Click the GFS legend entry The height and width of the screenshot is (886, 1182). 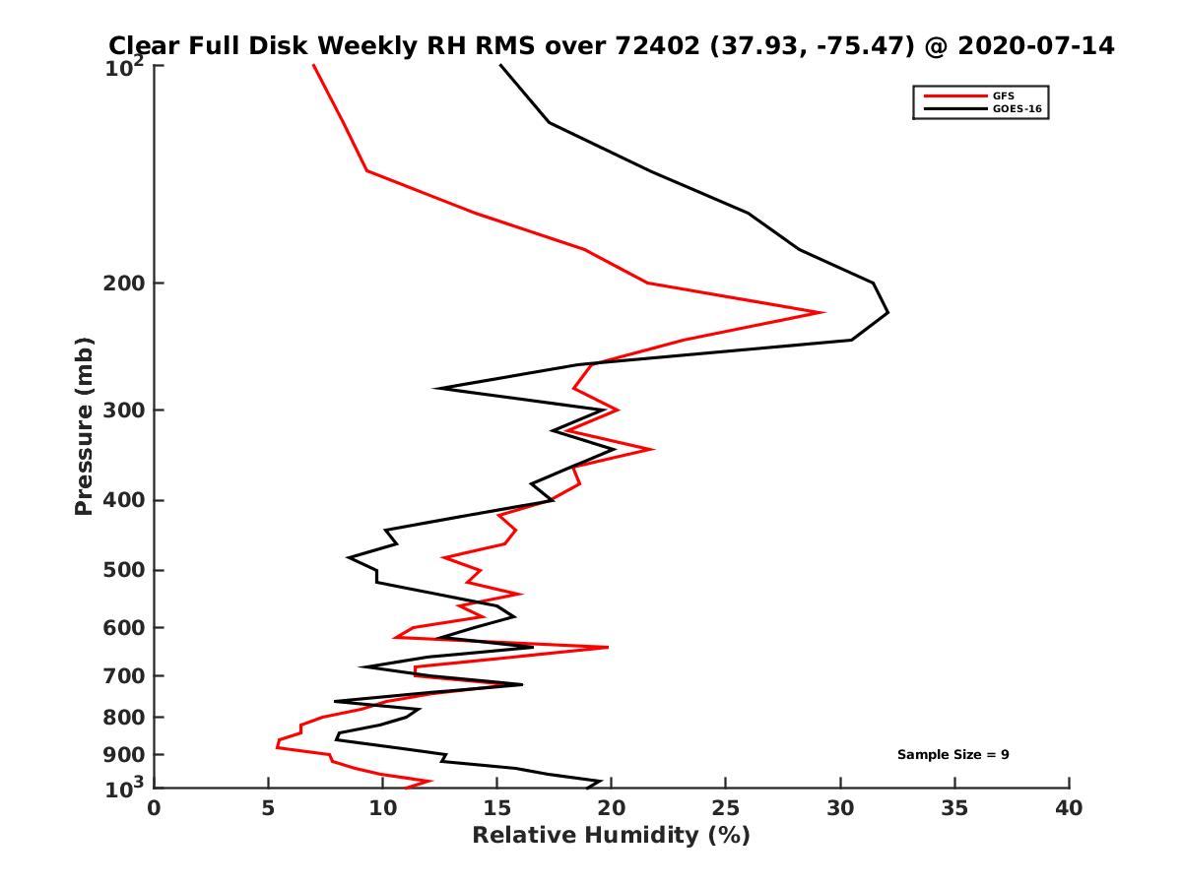[1004, 96]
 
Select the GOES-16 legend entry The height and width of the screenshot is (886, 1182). [1017, 110]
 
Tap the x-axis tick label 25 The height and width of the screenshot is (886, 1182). [726, 808]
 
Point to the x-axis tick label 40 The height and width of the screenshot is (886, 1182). [1069, 808]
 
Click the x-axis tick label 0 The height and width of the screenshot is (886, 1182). [155, 808]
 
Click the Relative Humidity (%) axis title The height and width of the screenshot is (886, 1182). [611, 836]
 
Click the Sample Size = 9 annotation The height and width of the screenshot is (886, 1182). [952, 755]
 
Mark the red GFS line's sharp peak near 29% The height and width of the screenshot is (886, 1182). [822, 312]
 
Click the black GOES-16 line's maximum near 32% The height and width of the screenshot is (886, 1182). [888, 313]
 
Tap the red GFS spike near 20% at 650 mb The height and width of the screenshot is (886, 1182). [608, 647]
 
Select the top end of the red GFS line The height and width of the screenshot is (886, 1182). [313, 65]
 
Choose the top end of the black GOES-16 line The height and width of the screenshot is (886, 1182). [500, 65]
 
